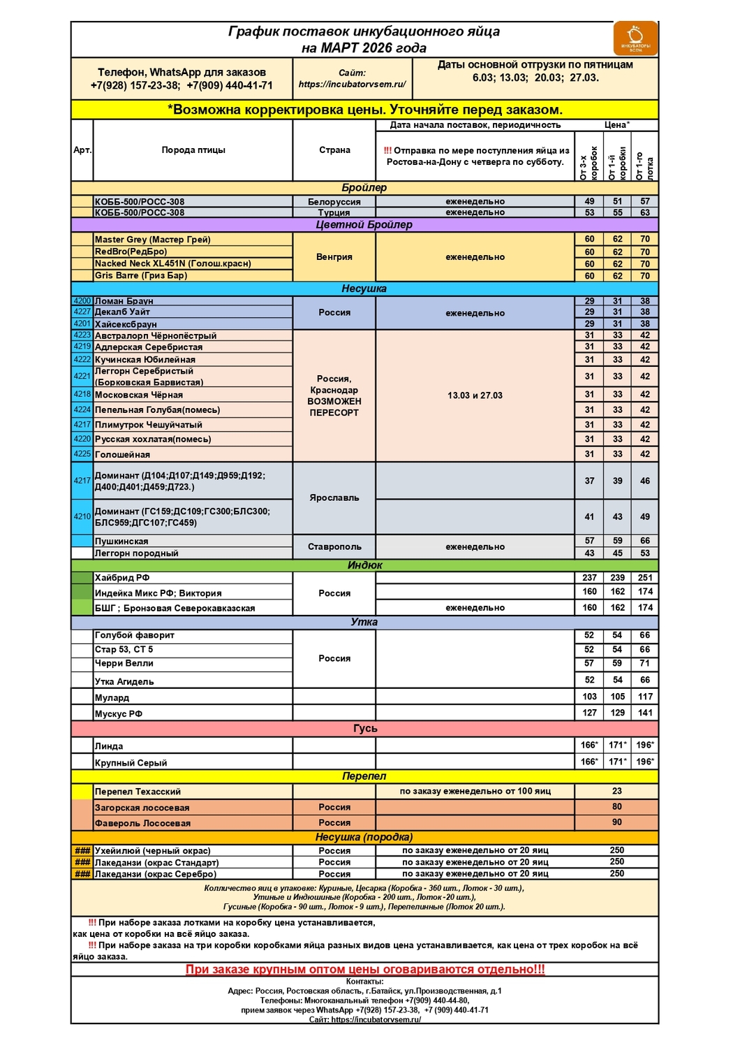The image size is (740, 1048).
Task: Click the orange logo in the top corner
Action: click(635, 38)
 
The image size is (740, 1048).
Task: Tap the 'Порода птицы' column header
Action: click(193, 150)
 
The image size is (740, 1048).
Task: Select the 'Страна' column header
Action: click(334, 150)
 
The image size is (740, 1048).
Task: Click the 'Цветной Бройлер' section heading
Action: click(364, 225)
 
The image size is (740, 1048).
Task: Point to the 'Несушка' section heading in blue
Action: click(364, 289)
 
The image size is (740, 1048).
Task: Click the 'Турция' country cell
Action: click(334, 212)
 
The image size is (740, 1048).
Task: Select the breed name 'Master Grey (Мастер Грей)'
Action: click(152, 240)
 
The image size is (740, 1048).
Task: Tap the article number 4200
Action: click(82, 301)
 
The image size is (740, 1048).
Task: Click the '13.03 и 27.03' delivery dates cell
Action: click(475, 395)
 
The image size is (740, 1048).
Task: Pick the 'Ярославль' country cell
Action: click(334, 498)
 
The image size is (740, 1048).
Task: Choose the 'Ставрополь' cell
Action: click(334, 547)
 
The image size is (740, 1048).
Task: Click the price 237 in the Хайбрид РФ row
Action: click(589, 578)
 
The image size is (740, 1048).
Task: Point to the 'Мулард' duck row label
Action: click(112, 698)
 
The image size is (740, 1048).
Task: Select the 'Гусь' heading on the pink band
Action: click(364, 729)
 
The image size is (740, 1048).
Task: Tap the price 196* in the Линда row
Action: click(644, 745)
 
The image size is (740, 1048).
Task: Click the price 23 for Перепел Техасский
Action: click(616, 792)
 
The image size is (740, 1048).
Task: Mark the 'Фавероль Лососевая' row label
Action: click(142, 824)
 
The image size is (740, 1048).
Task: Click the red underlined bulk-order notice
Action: click(364, 970)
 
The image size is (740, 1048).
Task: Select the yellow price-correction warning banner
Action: click(364, 110)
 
